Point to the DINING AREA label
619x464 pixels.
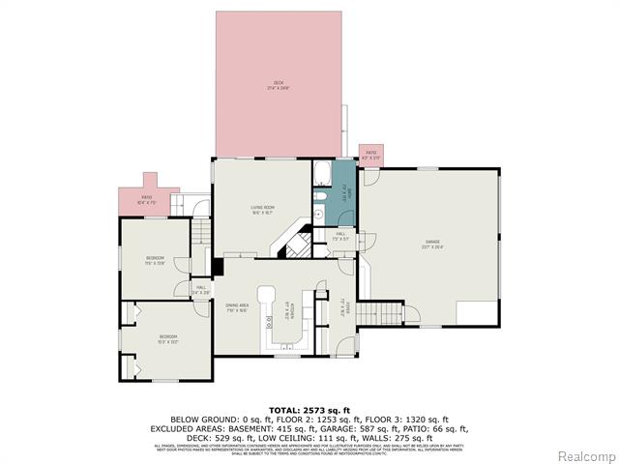(x=238, y=308)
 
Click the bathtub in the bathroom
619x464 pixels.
(x=322, y=175)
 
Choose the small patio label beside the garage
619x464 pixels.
(x=370, y=155)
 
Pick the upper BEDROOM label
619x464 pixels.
(x=155, y=259)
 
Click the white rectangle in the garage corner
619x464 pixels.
(x=477, y=314)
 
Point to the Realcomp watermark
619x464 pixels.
(x=583, y=454)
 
